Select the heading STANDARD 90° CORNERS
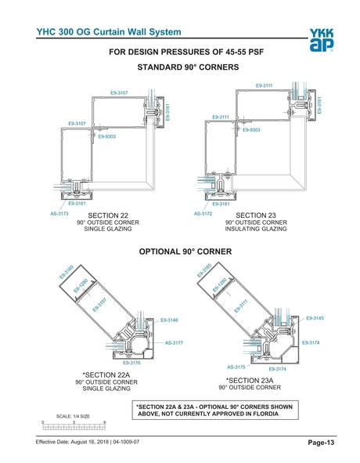pyautogui.click(x=188, y=68)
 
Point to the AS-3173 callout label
pyautogui.click(x=59, y=213)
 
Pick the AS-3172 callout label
pyautogui.click(x=203, y=213)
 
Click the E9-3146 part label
pyautogui.click(x=168, y=320)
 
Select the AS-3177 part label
pyautogui.click(x=173, y=342)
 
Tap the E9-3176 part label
pyautogui.click(x=131, y=363)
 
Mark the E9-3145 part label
pyautogui.click(x=315, y=317)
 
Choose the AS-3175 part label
pyautogui.click(x=236, y=367)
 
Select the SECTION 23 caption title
pyautogui.click(x=256, y=215)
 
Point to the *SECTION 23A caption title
pyautogui.click(x=249, y=379)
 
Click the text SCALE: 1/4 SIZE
pyautogui.click(x=74, y=416)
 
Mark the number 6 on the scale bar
pyautogui.click(x=105, y=422)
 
